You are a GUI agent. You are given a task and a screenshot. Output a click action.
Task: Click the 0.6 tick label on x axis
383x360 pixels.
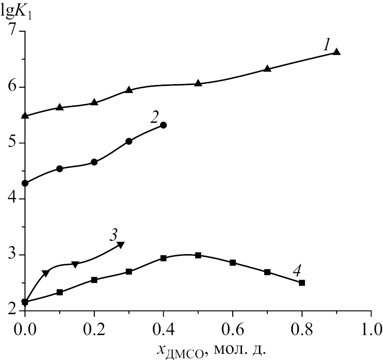[x=267, y=330]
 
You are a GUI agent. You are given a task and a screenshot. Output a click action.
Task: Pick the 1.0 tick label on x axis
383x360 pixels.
[x=371, y=330]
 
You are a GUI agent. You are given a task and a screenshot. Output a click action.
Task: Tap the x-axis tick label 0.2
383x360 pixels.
[x=94, y=330]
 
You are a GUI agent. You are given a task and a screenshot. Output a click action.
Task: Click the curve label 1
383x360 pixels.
[x=327, y=44]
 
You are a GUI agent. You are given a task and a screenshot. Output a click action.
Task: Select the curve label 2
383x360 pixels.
[x=154, y=117]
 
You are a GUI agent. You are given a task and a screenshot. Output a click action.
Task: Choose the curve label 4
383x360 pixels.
[x=298, y=270]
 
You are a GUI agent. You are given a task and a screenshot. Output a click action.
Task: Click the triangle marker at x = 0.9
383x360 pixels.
[x=337, y=52]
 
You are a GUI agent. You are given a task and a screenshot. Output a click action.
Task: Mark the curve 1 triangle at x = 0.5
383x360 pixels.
[x=198, y=83]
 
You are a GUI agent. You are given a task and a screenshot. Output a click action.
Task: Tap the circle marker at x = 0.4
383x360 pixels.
[x=163, y=125]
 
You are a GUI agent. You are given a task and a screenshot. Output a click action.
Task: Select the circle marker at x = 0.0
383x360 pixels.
[x=25, y=183]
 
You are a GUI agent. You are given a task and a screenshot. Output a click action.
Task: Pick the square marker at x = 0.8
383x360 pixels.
[x=302, y=283]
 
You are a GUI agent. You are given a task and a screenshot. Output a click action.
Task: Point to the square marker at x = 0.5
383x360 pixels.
[x=198, y=255]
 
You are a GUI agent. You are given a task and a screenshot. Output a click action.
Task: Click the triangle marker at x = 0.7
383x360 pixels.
[x=267, y=69]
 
